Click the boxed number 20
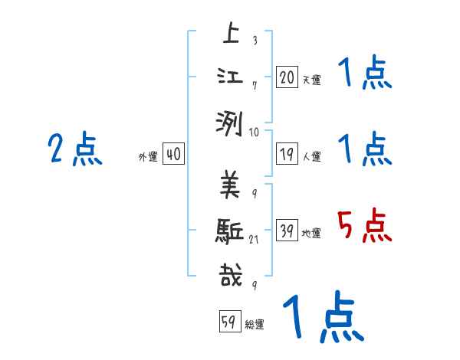[287, 77]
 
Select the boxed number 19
[287, 154]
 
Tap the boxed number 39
[287, 231]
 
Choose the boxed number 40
[173, 154]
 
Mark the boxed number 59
[228, 322]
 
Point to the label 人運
[311, 156]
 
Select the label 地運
[311, 233]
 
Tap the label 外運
[148, 156]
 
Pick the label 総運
[255, 324]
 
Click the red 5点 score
[364, 226]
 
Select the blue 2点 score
[74, 149]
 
